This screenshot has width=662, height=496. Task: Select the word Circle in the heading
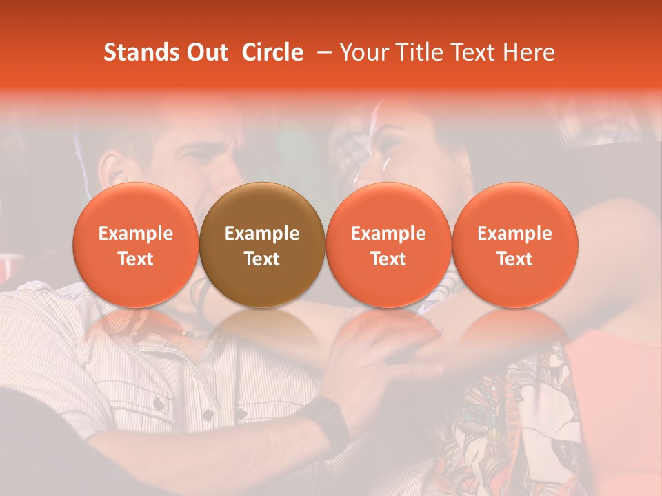(x=272, y=53)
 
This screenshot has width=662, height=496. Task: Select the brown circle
(x=261, y=245)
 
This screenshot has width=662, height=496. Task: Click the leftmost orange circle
(x=135, y=245)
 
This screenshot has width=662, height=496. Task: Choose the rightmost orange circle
(x=514, y=245)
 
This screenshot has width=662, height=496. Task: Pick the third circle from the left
(x=388, y=245)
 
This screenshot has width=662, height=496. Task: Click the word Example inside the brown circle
(x=262, y=234)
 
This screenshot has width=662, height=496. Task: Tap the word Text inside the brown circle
(x=262, y=259)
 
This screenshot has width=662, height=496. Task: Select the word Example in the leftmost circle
(x=136, y=234)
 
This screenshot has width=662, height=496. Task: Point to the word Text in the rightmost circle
(x=514, y=259)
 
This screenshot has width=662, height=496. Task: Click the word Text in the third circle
(x=388, y=259)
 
